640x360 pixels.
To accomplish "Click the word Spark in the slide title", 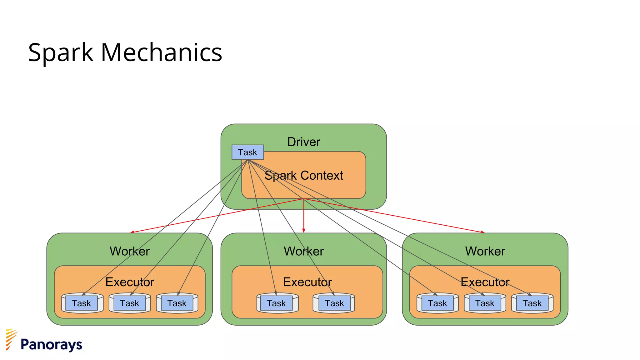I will click(61, 52).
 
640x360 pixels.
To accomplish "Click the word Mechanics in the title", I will click(161, 52).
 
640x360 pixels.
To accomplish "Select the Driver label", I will click(303, 142).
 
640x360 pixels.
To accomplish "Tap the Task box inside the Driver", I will click(247, 152).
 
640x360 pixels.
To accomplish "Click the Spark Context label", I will click(303, 176).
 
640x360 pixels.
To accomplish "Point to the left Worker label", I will click(130, 251).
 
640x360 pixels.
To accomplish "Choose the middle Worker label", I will click(303, 251).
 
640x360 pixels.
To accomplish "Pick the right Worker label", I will click(485, 251).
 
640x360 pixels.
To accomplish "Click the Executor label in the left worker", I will click(130, 282).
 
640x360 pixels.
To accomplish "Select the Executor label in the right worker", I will click(485, 282).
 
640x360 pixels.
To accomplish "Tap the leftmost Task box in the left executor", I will click(82, 303).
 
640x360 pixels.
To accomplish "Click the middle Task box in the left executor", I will click(130, 303).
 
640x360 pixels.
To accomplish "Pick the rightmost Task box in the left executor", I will click(177, 303).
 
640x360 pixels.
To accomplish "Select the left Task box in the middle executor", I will click(276, 303).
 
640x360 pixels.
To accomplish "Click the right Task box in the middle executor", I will click(334, 303).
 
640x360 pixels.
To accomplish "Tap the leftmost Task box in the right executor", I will click(437, 303).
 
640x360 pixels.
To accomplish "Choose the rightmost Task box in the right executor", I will click(532, 303).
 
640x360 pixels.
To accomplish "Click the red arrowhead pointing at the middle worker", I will click(303, 231).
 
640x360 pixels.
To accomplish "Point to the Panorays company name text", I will click(51, 345).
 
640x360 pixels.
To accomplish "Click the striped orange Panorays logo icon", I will click(11, 339).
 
